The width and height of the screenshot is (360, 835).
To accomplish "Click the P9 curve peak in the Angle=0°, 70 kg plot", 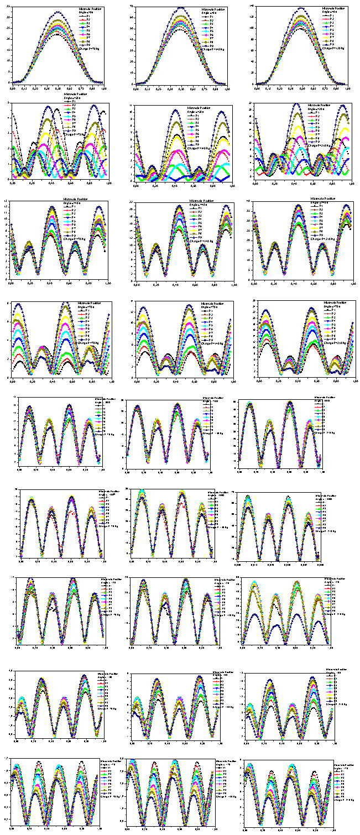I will pyautogui.click(x=58, y=12).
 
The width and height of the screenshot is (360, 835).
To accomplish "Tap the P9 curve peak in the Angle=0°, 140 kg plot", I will pyautogui.click(x=181, y=7).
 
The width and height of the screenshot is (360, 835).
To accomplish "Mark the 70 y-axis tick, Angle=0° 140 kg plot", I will pyautogui.click(x=132, y=6).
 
